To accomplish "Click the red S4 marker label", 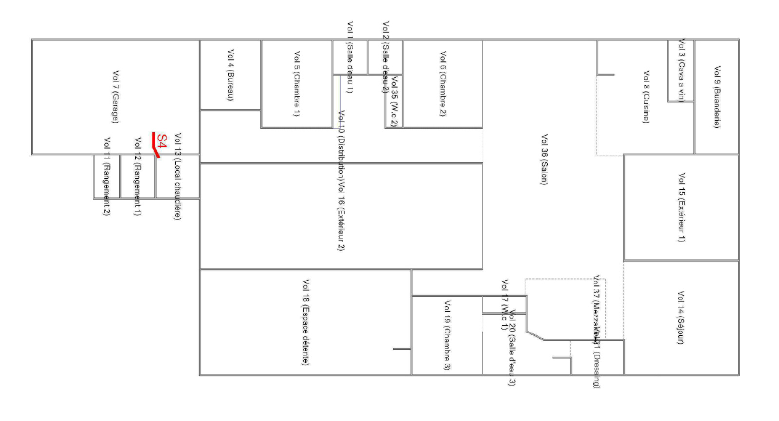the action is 162,141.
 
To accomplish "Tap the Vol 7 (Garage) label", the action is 116,97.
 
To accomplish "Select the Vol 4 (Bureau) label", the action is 231,75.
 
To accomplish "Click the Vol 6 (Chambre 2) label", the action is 443,84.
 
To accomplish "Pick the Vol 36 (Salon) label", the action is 544,159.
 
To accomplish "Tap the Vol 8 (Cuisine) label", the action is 646,97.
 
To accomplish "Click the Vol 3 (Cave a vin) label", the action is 681,70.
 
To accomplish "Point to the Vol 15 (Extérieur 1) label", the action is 682,207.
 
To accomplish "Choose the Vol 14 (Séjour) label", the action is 681,317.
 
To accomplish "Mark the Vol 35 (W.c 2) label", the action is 394,101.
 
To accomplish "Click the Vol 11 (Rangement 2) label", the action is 107,176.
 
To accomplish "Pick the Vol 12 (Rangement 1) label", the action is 138,176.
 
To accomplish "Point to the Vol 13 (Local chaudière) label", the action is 178,176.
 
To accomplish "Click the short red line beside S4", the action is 155,145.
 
